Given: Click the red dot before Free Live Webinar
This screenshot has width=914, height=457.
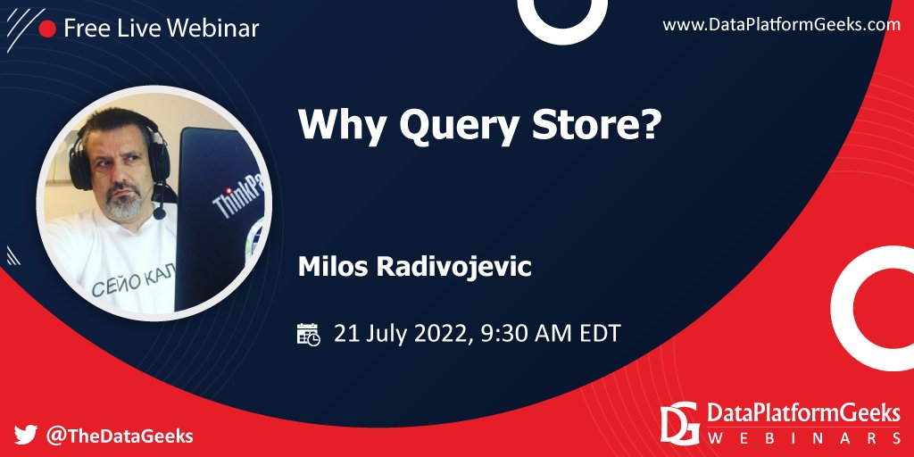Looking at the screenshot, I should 47,29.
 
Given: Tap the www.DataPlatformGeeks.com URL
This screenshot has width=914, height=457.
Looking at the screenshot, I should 781,25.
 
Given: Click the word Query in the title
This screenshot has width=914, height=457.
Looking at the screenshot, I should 457,125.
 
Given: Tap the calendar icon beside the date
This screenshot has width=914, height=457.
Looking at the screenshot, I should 308,334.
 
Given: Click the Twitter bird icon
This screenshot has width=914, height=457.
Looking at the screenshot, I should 26,436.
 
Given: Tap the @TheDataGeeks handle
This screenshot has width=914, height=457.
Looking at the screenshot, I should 120,436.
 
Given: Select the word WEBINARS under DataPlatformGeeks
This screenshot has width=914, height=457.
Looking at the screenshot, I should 804,438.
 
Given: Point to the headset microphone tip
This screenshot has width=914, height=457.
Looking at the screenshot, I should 159,213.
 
